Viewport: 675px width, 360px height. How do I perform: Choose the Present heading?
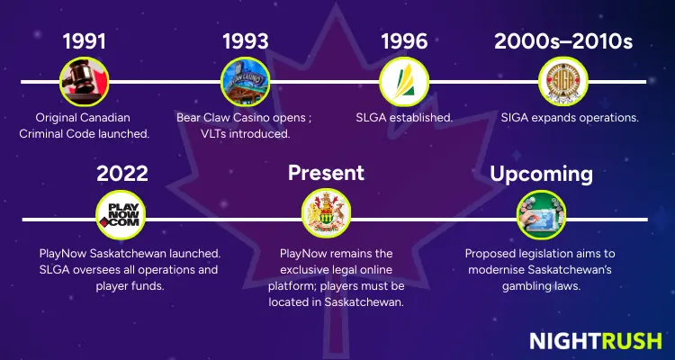tap(326, 173)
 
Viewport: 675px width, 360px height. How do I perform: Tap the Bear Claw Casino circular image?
tap(245, 82)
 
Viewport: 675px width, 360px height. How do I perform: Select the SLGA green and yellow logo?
tap(403, 82)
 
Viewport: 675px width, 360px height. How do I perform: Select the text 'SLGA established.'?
tap(403, 118)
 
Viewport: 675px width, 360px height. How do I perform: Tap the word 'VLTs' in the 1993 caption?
tap(216, 133)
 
